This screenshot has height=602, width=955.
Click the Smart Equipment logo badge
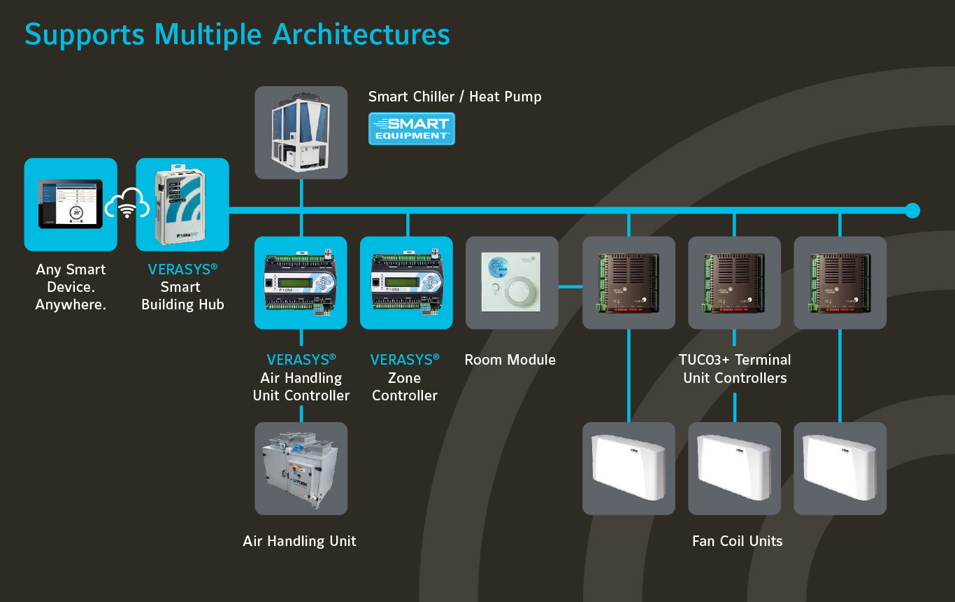coord(412,129)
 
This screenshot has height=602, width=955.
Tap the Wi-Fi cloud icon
coord(127,205)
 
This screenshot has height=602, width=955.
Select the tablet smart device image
coord(70,204)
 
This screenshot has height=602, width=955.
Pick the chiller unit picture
coord(301,132)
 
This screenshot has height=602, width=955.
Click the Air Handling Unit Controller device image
coord(301,282)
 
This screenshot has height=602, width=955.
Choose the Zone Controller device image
coord(406,282)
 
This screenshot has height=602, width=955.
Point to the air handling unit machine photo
coord(301,468)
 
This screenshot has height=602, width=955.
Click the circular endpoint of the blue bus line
coord(912,211)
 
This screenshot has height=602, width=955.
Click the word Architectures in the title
coord(361,34)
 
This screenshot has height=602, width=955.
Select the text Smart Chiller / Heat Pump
coord(455,97)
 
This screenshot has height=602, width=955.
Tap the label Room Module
coord(510,360)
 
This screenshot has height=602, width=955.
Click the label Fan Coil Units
coord(738,541)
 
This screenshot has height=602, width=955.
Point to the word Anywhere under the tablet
coord(71,304)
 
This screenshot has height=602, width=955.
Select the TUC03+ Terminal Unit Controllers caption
coord(735,369)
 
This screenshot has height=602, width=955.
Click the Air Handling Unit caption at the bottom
coord(300,541)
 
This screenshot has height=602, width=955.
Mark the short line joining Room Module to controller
coord(570,286)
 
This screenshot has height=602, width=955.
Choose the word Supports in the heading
coord(85,34)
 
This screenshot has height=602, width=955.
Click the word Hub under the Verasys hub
coord(210,304)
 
